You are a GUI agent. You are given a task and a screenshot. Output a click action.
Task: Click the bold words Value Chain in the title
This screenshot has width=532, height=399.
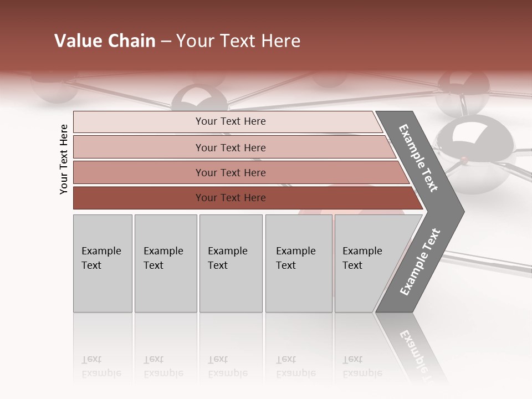[105, 41]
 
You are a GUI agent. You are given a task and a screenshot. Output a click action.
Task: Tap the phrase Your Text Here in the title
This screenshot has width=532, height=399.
[238, 41]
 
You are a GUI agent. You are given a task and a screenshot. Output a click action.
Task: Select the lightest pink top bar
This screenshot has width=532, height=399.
[227, 121]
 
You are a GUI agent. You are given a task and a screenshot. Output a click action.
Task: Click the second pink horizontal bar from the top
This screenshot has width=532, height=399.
[233, 147]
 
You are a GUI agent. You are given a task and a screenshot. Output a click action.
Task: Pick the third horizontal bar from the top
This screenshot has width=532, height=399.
[238, 172]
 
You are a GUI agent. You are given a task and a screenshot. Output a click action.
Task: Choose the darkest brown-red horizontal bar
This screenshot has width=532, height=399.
[244, 198]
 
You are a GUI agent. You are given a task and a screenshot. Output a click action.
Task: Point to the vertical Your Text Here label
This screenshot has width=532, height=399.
[64, 159]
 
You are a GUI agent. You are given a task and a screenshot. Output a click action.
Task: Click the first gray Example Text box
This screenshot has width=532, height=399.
[103, 263]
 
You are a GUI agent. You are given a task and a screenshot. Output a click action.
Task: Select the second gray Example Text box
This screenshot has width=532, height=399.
[166, 263]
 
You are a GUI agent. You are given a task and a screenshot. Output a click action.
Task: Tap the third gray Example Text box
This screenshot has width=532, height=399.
[231, 263]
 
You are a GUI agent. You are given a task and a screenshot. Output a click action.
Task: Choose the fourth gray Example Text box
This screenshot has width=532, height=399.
[299, 263]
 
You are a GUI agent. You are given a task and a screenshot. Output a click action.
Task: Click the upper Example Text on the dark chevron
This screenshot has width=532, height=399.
[418, 158]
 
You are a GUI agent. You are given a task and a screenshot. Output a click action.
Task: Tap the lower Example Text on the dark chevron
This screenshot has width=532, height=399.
[420, 262]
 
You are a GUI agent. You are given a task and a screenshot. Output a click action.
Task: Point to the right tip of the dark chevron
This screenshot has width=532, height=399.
[463, 211]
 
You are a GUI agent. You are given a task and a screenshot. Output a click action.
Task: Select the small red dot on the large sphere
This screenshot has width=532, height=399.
[463, 161]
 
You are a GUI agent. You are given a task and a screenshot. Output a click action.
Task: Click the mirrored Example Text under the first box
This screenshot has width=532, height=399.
[101, 366]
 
